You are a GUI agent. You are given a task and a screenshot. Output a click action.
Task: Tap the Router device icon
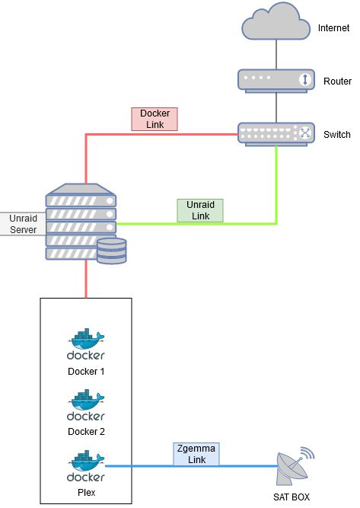(x=276, y=79)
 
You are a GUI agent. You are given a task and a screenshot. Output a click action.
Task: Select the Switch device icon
(x=276, y=133)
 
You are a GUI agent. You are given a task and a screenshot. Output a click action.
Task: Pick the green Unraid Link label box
(x=200, y=210)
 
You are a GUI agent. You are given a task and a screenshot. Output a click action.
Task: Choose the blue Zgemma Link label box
(x=196, y=455)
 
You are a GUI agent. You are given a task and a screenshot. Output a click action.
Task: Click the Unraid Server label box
(x=23, y=223)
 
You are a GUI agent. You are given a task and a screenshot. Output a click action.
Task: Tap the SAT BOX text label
(x=293, y=497)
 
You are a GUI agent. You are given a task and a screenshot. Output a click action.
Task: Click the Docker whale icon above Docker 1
(x=86, y=345)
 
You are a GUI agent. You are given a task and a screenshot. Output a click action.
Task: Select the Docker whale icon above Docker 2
(x=86, y=405)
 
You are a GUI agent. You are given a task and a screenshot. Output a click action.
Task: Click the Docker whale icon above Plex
(x=86, y=466)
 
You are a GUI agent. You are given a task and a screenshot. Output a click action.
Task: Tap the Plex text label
(x=86, y=493)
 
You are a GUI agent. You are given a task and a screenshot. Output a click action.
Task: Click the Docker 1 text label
(x=86, y=372)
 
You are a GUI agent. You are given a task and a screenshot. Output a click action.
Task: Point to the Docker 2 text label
(x=86, y=432)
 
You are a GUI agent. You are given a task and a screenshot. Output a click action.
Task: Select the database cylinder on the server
(x=111, y=251)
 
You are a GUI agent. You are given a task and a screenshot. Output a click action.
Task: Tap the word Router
(x=336, y=81)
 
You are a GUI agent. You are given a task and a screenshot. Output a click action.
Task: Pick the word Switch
(x=336, y=135)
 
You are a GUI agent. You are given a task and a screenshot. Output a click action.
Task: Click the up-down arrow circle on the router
(x=304, y=79)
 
